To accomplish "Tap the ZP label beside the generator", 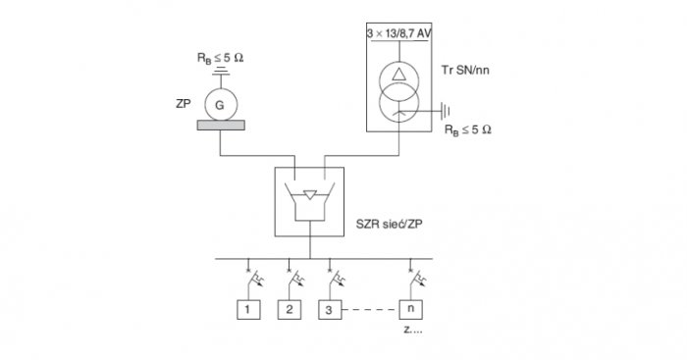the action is click(184, 104).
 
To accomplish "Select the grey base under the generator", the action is click(221, 126).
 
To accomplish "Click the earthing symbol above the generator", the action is click(221, 71).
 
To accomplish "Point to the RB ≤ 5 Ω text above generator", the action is click(220, 58).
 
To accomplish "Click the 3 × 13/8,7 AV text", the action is click(398, 33).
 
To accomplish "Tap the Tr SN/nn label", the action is click(465, 70).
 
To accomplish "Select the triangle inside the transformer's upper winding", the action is click(398, 75).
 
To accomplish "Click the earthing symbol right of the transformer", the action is click(446, 111).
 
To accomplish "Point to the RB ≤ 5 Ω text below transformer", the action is click(468, 130).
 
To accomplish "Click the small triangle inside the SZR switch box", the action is click(310, 195).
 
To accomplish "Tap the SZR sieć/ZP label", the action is click(389, 225).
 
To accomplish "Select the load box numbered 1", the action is click(248, 310).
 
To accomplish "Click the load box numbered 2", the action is click(290, 310).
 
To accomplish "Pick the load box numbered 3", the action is click(330, 310).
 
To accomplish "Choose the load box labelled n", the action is click(410, 310).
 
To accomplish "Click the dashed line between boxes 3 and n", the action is click(370, 310).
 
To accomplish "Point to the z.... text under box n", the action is click(413, 330).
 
